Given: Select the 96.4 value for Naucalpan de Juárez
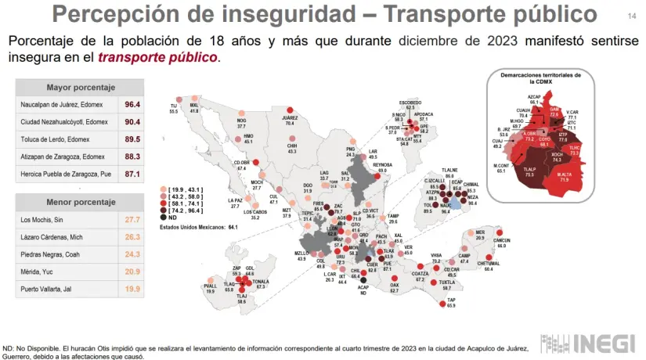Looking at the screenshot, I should pyautogui.click(x=132, y=104).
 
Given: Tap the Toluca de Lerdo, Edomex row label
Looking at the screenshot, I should pyautogui.click(x=64, y=140).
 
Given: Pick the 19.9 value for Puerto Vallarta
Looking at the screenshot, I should pyautogui.click(x=132, y=289).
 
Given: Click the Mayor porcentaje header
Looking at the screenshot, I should pyautogui.click(x=81, y=87).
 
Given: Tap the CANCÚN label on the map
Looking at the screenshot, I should pyautogui.click(x=501, y=240).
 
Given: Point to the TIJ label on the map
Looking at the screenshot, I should pyautogui.click(x=174, y=107).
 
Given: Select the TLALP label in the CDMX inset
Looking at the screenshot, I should pyautogui.click(x=529, y=169).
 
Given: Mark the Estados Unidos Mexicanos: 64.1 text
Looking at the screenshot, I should pyautogui.click(x=199, y=227).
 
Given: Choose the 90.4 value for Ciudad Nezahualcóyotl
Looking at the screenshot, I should pyautogui.click(x=132, y=122).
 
